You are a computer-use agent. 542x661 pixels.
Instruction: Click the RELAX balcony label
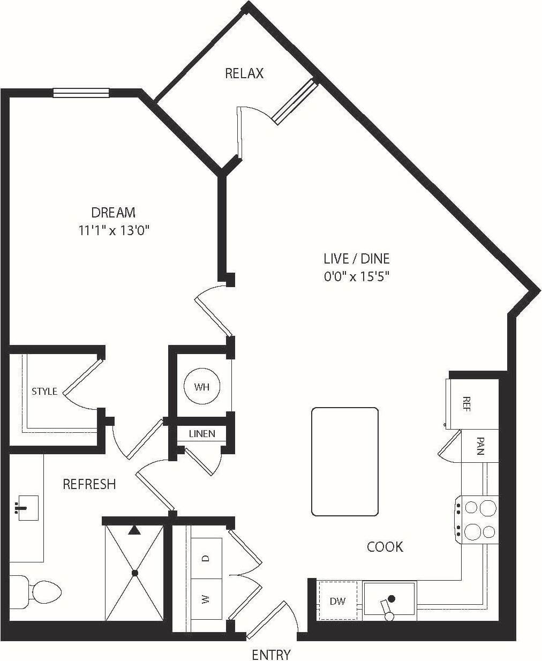coord(244,73)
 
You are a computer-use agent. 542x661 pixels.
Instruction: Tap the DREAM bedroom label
coord(113,213)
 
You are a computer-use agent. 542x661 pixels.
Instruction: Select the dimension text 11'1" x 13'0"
coord(113,231)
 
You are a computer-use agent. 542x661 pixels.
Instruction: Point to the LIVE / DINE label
coord(356,259)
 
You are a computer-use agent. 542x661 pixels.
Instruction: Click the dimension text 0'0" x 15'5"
coord(356,277)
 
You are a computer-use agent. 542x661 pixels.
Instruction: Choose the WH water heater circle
coord(202,387)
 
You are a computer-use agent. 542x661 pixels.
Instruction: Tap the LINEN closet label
coord(202,433)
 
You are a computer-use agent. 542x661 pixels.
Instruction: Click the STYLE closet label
coord(44,391)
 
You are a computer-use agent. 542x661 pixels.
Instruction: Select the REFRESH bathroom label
coord(89,484)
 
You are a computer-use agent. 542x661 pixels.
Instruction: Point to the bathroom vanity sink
coord(24,507)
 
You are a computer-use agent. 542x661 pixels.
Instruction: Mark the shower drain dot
coord(134,573)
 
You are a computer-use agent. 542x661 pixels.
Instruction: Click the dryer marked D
coord(206,558)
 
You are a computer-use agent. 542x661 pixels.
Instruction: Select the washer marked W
coord(206,599)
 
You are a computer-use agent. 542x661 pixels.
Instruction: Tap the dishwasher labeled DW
coord(337,601)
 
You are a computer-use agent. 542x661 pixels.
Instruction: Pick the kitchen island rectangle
coord(345,461)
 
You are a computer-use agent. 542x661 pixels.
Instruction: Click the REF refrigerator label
coord(466,404)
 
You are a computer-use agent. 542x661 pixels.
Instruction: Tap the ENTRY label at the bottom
coord(271,654)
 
